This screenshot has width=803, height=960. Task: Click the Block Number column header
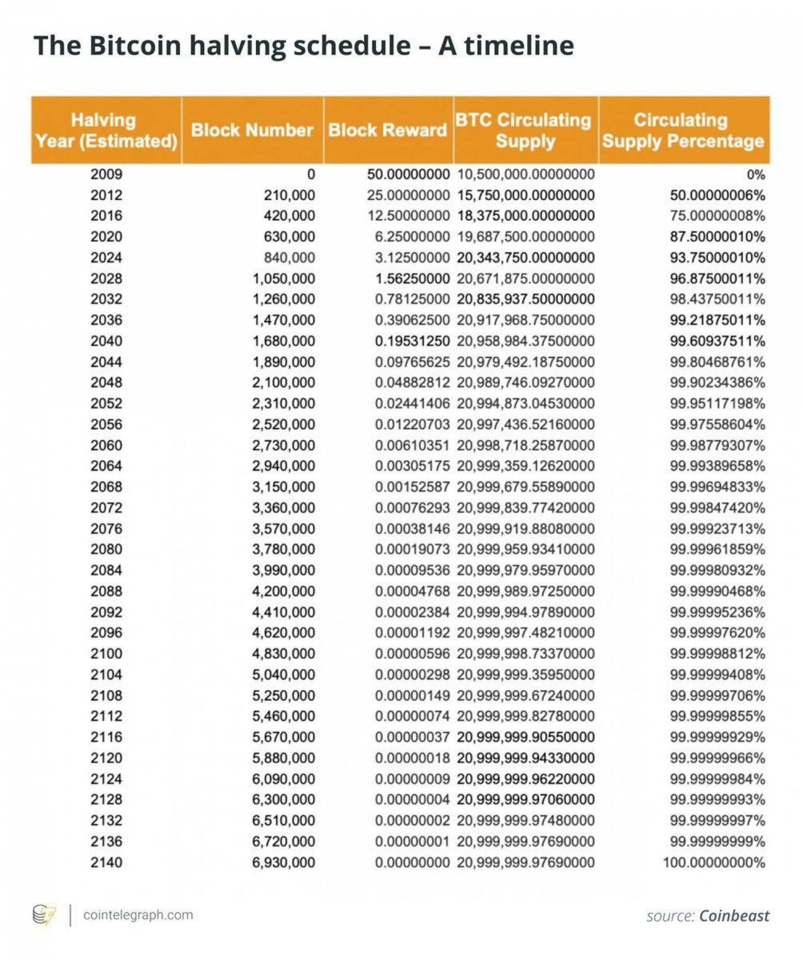point(252,130)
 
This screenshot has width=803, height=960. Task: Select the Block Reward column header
point(388,130)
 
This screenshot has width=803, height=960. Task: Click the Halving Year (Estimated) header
point(106,130)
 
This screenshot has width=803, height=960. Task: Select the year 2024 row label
point(106,257)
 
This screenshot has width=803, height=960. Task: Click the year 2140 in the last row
point(106,862)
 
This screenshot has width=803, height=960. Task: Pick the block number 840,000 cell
point(289,257)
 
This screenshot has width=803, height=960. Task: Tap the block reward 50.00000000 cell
point(408,174)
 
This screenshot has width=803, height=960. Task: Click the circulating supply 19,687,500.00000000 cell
point(526,236)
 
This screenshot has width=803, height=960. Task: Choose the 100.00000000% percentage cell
point(713,862)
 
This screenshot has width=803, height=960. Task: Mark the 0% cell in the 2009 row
point(755,174)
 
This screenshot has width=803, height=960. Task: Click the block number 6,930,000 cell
point(284,862)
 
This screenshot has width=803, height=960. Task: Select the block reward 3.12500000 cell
point(412,257)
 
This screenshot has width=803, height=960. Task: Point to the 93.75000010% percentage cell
point(717,257)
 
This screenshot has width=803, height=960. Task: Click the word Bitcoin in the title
point(135,45)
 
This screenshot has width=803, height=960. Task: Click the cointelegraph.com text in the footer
point(138,915)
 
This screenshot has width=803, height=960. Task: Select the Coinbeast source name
point(734,916)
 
